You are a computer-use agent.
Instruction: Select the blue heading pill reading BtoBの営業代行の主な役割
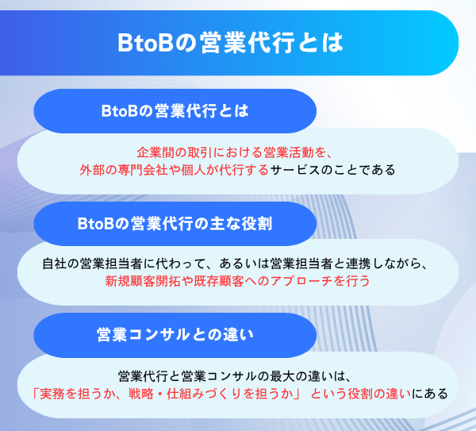pos(175,224)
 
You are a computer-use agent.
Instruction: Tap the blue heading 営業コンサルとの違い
pos(175,335)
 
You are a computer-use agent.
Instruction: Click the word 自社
pos(54,264)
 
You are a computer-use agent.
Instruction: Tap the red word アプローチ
pos(293,281)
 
